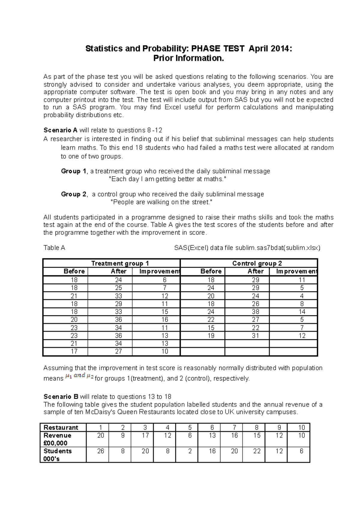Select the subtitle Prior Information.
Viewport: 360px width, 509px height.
(189, 58)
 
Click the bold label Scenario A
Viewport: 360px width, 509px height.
(60, 130)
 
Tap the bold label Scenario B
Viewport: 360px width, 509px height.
(61, 397)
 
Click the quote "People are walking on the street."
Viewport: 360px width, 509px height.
(162, 202)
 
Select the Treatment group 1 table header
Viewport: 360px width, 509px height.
(120, 263)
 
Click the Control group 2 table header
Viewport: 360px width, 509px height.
(257, 263)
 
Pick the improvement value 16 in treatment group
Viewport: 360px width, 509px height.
(165, 320)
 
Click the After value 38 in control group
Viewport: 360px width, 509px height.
(255, 312)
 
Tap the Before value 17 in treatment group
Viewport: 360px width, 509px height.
(74, 351)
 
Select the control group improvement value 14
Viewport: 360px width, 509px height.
(302, 312)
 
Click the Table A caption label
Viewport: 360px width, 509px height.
(54, 248)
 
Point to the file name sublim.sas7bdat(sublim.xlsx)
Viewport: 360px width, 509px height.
(278, 248)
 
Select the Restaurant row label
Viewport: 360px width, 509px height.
(61, 427)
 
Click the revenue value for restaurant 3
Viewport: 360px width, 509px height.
(145, 435)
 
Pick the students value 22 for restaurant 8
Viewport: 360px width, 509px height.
(257, 451)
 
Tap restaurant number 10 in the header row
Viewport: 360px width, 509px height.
(301, 427)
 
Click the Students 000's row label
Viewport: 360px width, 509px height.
(58, 455)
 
